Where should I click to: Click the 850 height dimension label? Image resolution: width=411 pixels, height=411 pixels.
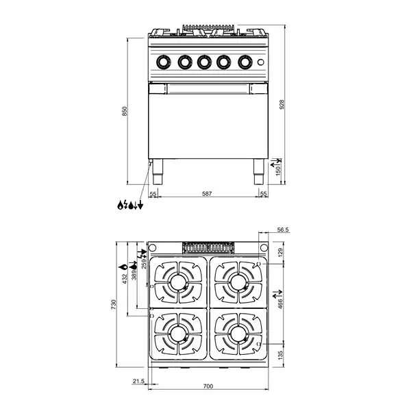click(125, 111)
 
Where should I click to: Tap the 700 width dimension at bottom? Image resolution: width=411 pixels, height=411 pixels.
click(208, 386)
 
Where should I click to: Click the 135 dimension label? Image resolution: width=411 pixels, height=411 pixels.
click(280, 355)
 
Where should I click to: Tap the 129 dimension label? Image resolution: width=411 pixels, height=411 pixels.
click(280, 253)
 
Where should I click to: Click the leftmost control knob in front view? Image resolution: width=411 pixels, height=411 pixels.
click(164, 62)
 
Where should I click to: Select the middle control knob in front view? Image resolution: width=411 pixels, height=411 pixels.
click(204, 62)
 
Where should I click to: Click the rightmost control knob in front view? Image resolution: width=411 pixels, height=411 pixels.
click(245, 62)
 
